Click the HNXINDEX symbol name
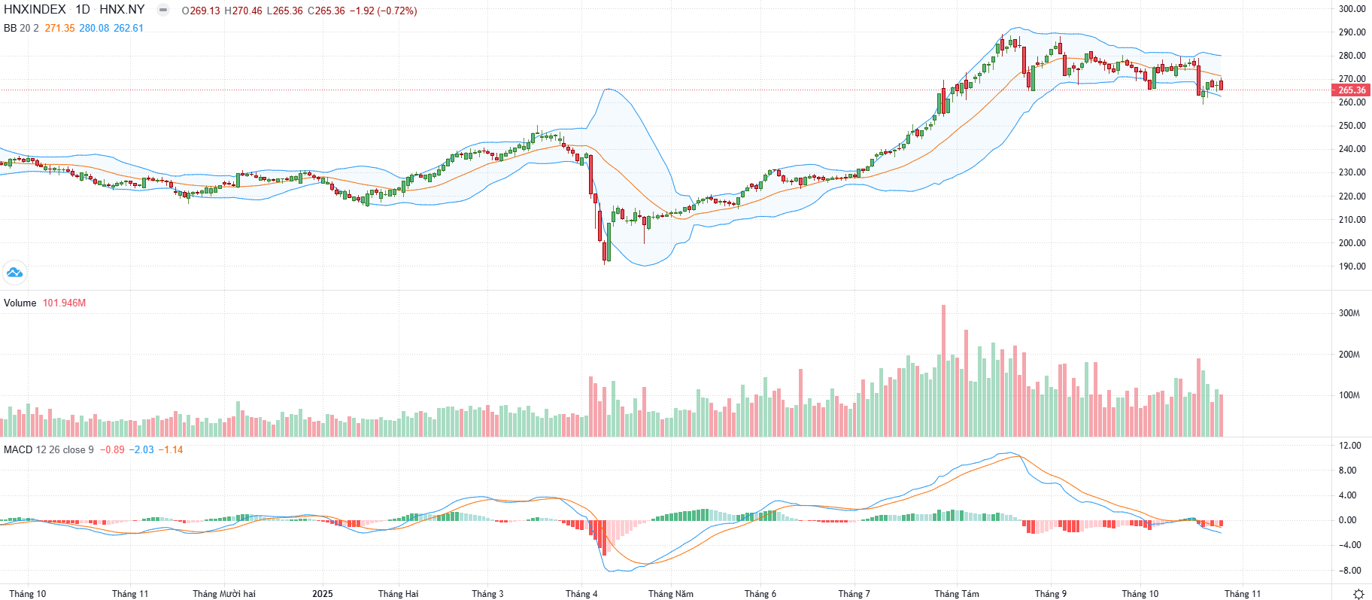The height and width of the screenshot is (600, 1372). [x=35, y=10]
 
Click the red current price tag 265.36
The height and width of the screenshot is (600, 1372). [x=1351, y=90]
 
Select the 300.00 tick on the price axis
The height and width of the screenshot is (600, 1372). [x=1352, y=9]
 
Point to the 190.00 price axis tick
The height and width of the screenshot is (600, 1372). [x=1352, y=266]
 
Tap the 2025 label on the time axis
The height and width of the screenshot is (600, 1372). [x=322, y=594]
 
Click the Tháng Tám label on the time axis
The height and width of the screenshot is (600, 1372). [x=957, y=594]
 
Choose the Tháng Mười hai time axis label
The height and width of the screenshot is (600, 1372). [x=224, y=594]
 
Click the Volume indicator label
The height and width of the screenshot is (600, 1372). [x=20, y=303]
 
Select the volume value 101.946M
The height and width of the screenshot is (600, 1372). [x=64, y=303]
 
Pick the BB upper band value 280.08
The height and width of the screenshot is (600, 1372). [x=94, y=28]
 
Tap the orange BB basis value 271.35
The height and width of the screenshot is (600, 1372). [x=59, y=28]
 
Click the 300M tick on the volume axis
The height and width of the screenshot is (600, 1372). [x=1349, y=313]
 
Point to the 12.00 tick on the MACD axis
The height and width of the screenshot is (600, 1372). [x=1350, y=446]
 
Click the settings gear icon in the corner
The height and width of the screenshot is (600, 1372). [x=1358, y=594]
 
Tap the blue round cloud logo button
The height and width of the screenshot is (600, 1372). [x=14, y=273]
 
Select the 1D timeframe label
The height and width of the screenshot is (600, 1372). [x=83, y=10]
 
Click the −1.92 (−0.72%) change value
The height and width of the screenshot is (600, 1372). [x=383, y=11]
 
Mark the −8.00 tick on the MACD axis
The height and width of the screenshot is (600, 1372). [x=1350, y=571]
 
